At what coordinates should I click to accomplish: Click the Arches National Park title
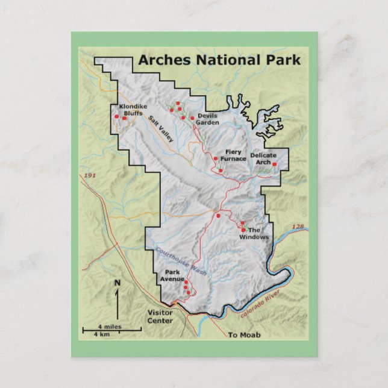[x=219, y=60]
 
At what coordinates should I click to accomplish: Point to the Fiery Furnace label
[x=235, y=155]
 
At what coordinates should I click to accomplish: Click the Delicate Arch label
[x=263, y=158]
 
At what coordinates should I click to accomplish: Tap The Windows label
[x=254, y=233]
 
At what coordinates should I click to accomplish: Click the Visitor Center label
[x=160, y=316]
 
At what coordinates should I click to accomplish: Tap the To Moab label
[x=244, y=335]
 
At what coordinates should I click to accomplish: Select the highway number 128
[x=298, y=227]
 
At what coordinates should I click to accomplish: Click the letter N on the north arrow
[x=117, y=283]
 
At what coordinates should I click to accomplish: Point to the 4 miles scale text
[x=110, y=326]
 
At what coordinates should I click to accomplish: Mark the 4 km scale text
[x=101, y=334]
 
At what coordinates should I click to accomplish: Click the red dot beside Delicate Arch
[x=274, y=164]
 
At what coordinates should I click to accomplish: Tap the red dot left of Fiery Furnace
[x=216, y=158]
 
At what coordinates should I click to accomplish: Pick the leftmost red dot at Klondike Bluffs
[x=116, y=117]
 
